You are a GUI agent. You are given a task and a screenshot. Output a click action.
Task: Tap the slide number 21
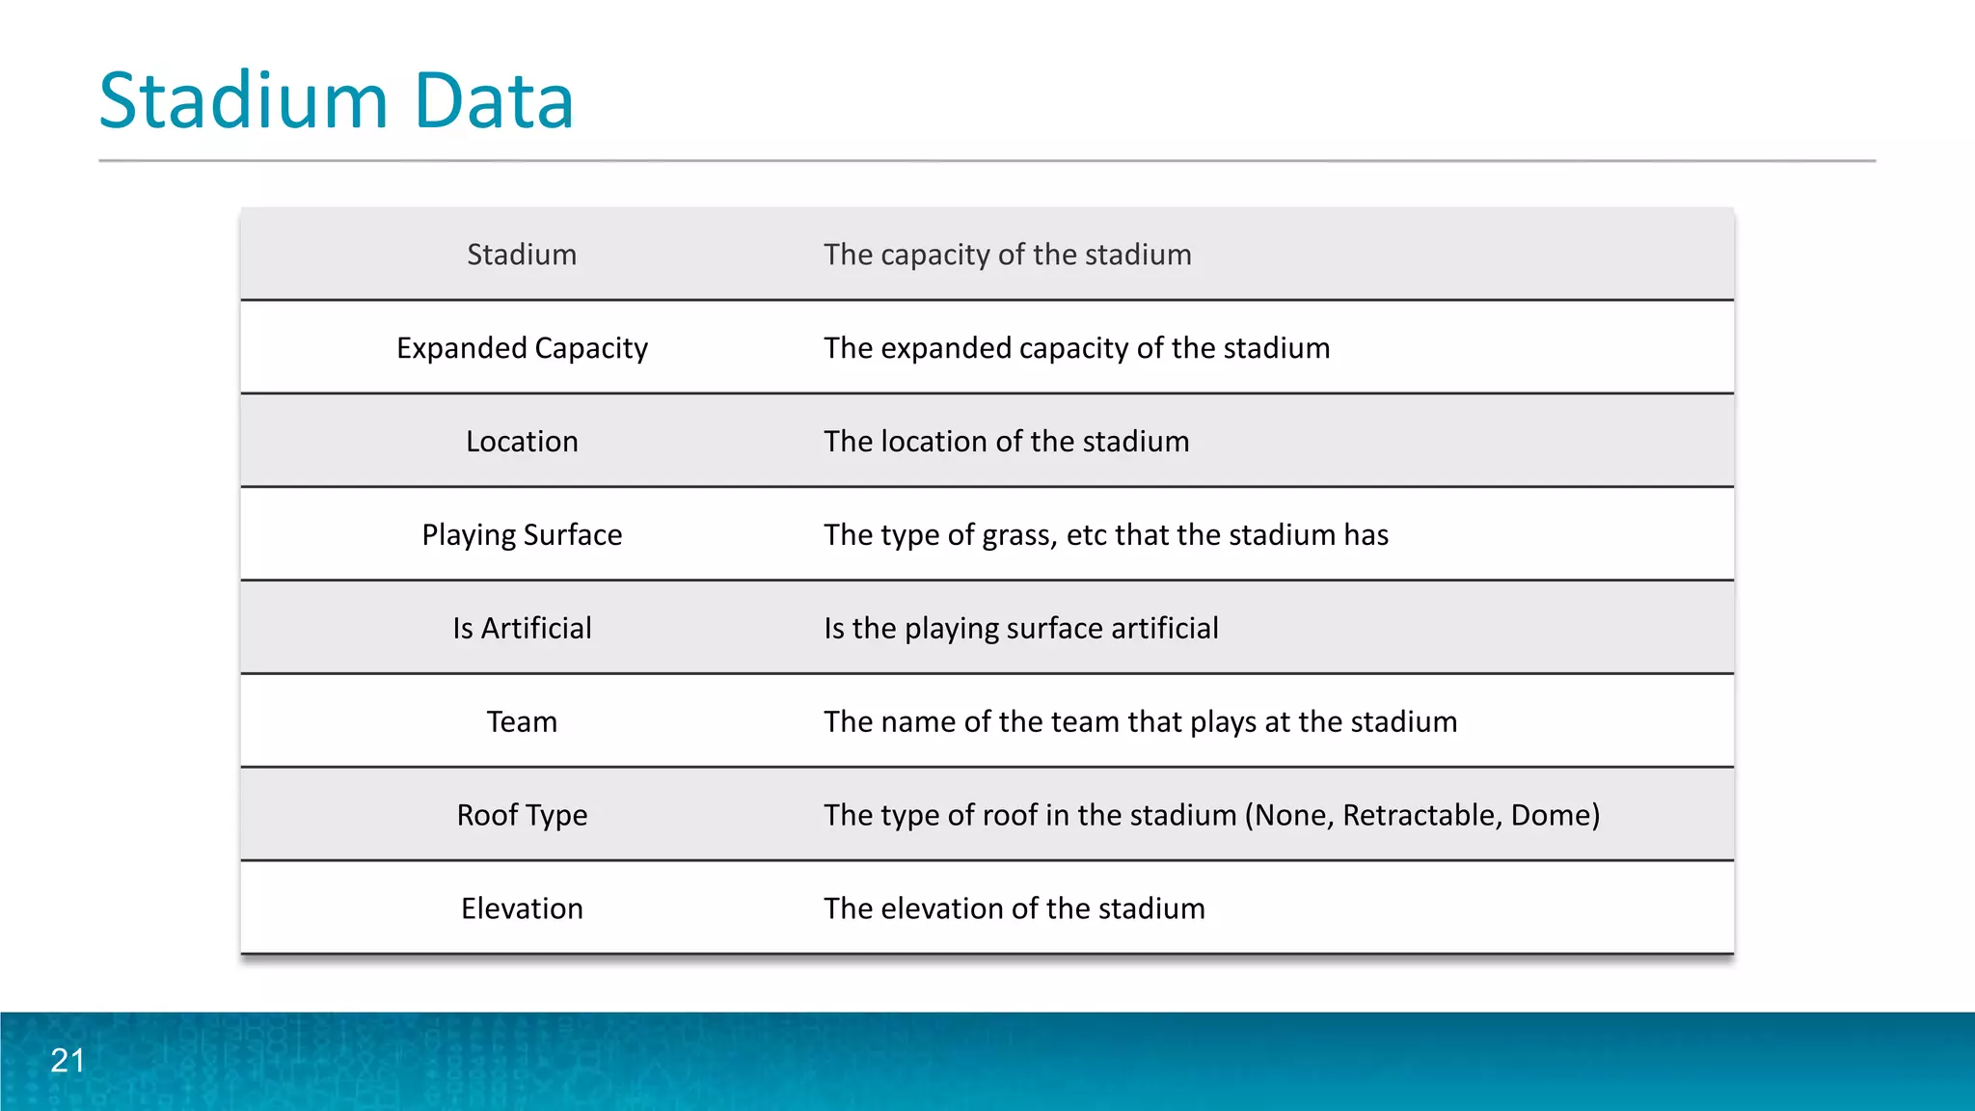pyautogui.click(x=68, y=1060)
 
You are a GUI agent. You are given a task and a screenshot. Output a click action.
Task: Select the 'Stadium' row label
pyautogui.click(x=522, y=255)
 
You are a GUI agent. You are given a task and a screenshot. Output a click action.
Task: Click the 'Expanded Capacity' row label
pyautogui.click(x=522, y=348)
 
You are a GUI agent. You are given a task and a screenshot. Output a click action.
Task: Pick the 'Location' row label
pyautogui.click(x=522, y=442)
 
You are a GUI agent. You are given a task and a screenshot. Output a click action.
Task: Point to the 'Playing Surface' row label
pyautogui.click(x=522, y=535)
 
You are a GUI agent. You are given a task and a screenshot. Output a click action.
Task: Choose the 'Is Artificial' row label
pyautogui.click(x=522, y=629)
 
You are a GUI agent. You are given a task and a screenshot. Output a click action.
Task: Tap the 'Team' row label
pyautogui.click(x=522, y=722)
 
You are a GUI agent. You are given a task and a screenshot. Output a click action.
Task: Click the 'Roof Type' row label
pyautogui.click(x=522, y=816)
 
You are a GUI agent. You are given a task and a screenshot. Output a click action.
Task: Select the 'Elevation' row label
pyautogui.click(x=522, y=908)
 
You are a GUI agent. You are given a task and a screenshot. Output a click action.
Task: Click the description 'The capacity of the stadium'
pyautogui.click(x=1007, y=255)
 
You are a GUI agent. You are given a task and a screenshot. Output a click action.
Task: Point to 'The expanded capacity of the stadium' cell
pyautogui.click(x=1076, y=348)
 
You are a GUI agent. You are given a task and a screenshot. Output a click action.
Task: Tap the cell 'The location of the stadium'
pyautogui.click(x=1006, y=442)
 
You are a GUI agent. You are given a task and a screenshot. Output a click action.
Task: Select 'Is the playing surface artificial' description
pyautogui.click(x=1020, y=629)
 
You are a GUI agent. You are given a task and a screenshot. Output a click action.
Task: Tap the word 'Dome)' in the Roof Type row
pyautogui.click(x=1555, y=816)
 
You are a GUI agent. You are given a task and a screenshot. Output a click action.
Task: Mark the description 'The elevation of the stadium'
pyautogui.click(x=1014, y=908)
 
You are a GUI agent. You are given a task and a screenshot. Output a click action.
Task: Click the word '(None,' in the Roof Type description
pyautogui.click(x=1289, y=816)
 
